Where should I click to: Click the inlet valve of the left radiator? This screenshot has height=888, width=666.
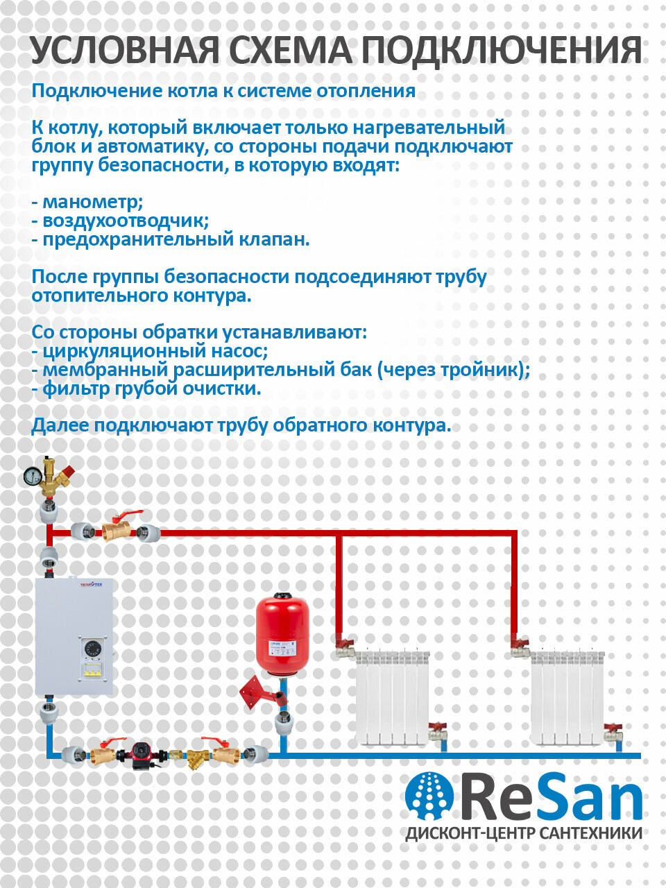click(345, 650)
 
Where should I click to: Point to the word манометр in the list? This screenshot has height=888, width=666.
click(92, 203)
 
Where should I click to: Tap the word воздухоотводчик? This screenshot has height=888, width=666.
click(126, 221)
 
